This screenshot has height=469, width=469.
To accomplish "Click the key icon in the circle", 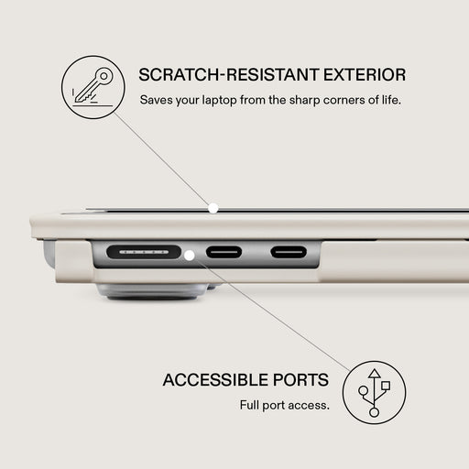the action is [93, 87].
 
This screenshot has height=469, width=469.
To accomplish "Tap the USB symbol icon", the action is [374, 392].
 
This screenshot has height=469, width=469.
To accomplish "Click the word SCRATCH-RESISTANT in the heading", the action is [229, 75].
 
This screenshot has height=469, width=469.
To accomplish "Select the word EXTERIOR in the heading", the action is [365, 75].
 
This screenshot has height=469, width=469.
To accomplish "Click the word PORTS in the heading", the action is [300, 380].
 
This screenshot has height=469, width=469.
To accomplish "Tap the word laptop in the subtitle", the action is [219, 101].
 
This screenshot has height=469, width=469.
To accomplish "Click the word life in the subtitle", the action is [391, 100].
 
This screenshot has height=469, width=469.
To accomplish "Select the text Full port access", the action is [285, 406].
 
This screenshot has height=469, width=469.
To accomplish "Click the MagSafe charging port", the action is [144, 252].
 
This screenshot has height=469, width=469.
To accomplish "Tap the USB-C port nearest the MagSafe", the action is [224, 252].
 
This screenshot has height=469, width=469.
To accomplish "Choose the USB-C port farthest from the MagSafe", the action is [289, 252].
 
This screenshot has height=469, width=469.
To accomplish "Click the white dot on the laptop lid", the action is [213, 209].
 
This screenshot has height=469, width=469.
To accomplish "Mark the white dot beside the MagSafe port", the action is [190, 256].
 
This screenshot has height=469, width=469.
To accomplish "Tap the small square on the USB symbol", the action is [386, 386].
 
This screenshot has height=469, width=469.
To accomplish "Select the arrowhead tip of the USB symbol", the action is [374, 369].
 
